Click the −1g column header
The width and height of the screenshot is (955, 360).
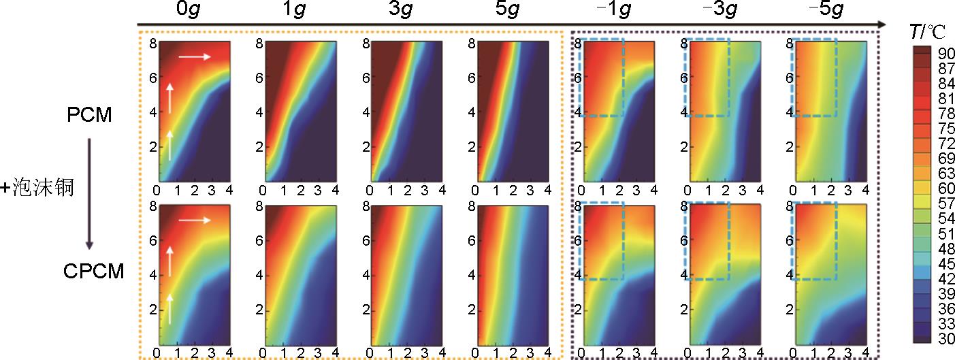tap(611, 12)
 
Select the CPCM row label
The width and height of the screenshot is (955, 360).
tap(94, 272)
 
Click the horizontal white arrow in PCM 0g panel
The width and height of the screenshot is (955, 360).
tap(195, 57)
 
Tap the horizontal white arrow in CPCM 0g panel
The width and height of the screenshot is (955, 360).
tap(195, 220)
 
